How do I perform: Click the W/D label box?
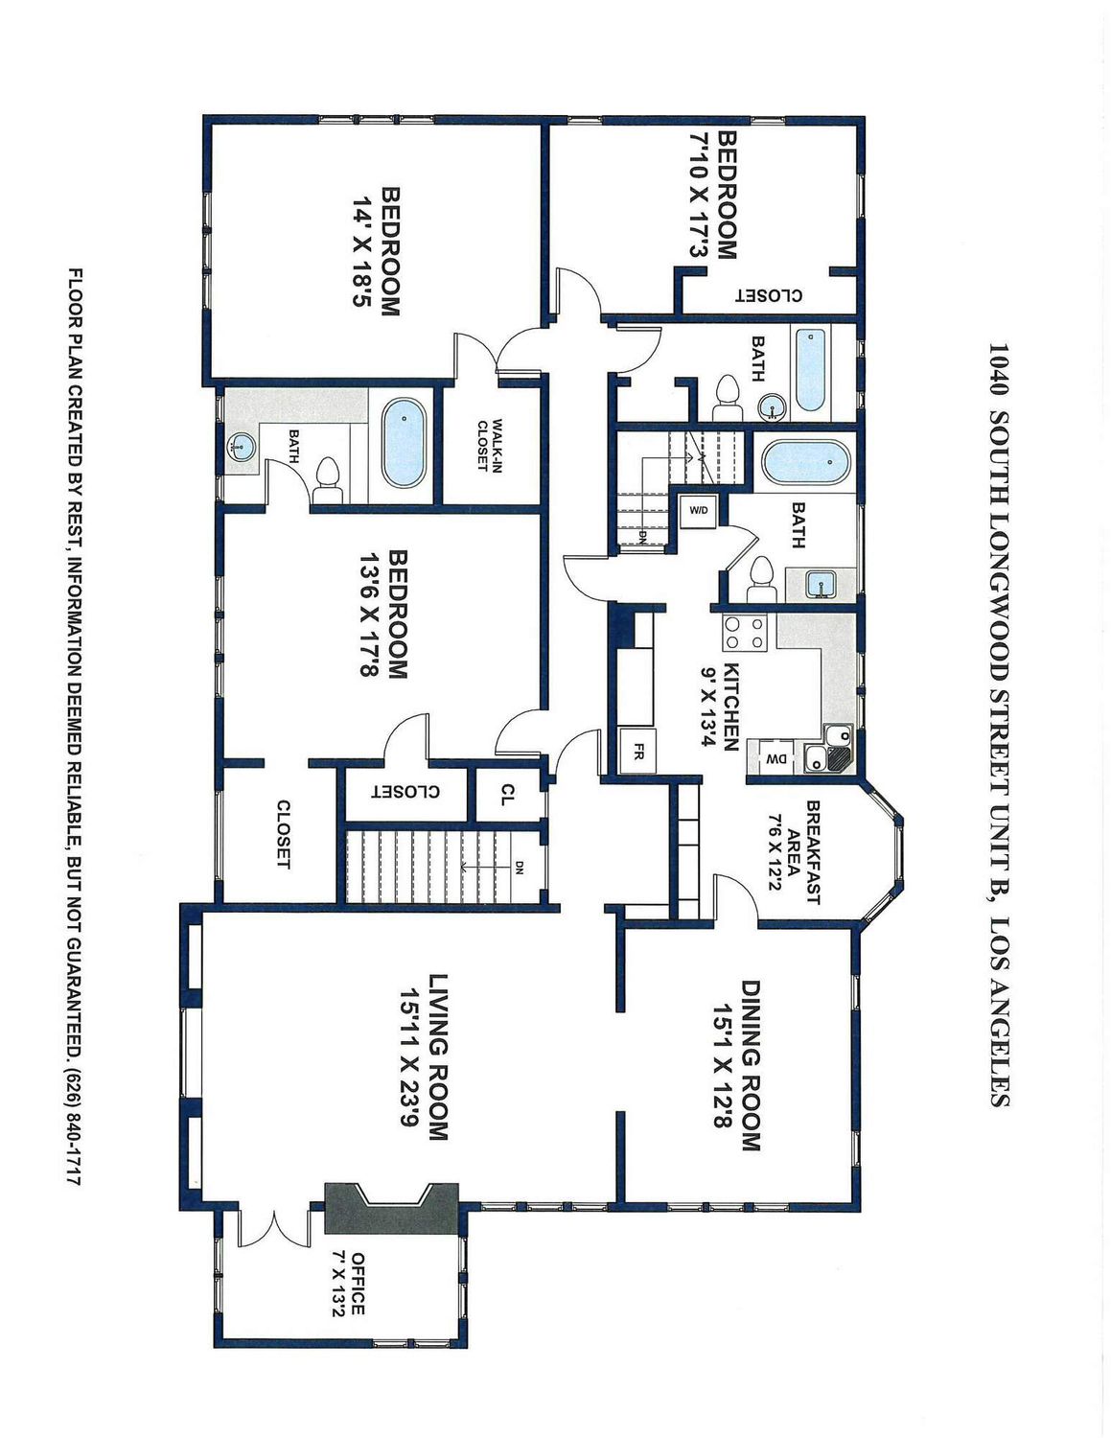(x=699, y=510)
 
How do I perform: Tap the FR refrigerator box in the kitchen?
(x=637, y=751)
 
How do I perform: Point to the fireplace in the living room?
(x=392, y=1208)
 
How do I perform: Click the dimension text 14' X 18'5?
(x=362, y=252)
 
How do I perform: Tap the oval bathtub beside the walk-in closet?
(x=404, y=443)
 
